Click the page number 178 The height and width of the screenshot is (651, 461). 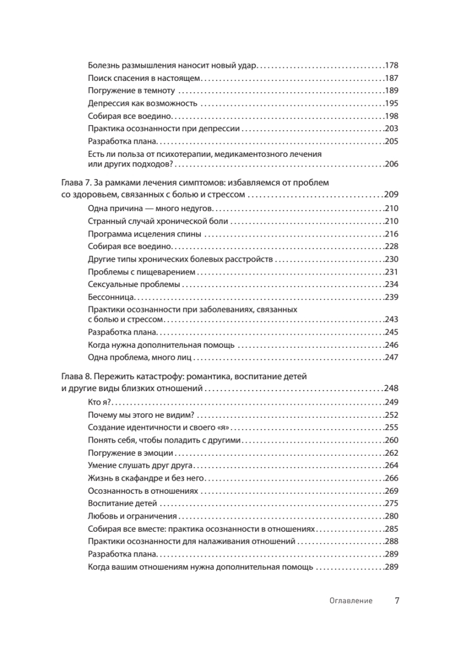(391, 65)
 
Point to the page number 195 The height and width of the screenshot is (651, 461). (391, 104)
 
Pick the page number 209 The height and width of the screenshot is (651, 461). (391, 194)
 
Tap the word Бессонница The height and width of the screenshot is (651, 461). (111, 297)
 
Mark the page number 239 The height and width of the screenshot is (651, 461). (391, 297)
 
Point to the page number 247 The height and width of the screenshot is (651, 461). (391, 358)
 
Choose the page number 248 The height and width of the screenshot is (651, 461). (391, 388)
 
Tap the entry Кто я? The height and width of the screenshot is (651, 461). (99, 402)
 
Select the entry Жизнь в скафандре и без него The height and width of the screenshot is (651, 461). (147, 478)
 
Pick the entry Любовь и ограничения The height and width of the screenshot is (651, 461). (132, 516)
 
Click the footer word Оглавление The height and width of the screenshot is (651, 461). (351, 601)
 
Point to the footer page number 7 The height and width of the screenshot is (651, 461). (396, 601)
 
